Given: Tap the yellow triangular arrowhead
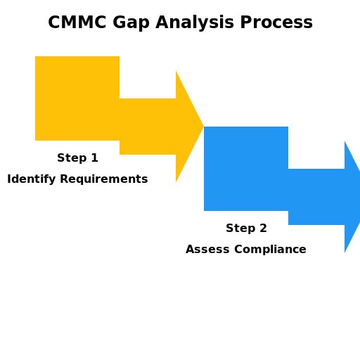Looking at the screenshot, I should [x=186, y=127].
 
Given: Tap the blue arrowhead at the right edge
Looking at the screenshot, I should [x=352, y=197].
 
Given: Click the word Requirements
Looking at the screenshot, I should [x=102, y=179].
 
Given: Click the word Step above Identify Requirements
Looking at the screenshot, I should [x=70, y=158].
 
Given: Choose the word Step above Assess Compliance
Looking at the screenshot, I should [x=239, y=229].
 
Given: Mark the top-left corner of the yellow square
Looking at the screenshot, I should [x=36, y=57].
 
